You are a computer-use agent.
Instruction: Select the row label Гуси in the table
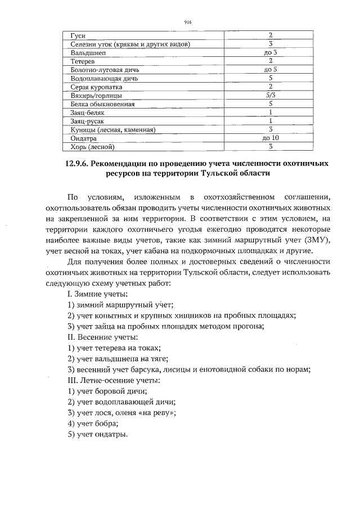(x=73, y=35)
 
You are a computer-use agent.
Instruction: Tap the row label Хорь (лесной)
(x=89, y=147)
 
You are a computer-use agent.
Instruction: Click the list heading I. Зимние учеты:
(x=97, y=294)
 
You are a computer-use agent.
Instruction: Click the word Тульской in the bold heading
(x=213, y=174)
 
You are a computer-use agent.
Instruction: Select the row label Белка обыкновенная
(x=94, y=104)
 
